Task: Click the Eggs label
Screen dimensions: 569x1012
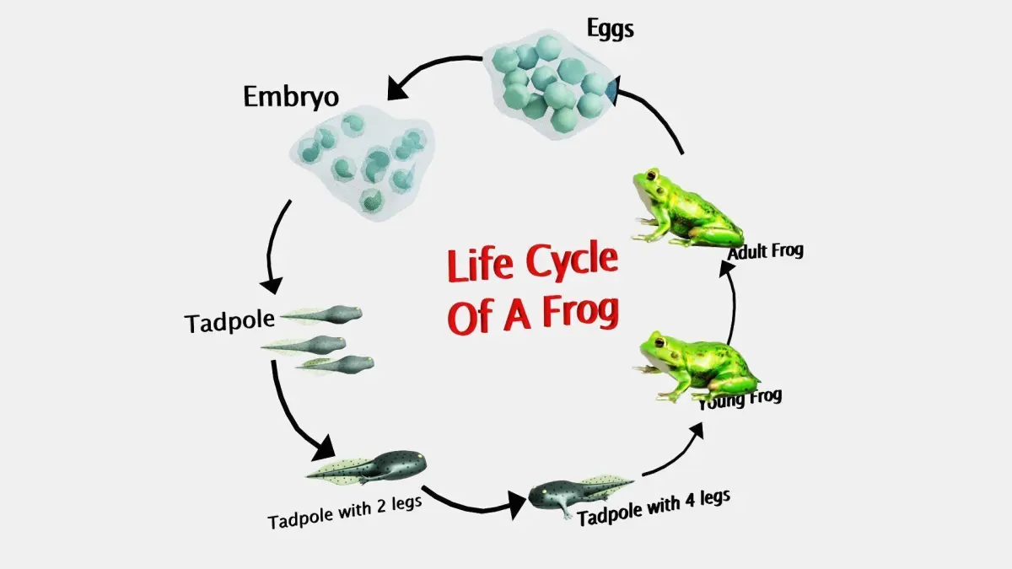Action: coord(610,30)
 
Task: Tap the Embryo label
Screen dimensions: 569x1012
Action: coord(291,96)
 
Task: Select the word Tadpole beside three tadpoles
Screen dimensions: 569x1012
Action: coord(230,321)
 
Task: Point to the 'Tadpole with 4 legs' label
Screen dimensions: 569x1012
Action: coord(654,507)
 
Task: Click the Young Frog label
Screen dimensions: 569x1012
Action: coord(741,397)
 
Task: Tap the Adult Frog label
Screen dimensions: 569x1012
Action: coord(766,250)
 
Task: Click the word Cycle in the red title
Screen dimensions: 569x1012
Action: coord(572,262)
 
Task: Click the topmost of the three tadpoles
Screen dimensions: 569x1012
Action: coord(325,315)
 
